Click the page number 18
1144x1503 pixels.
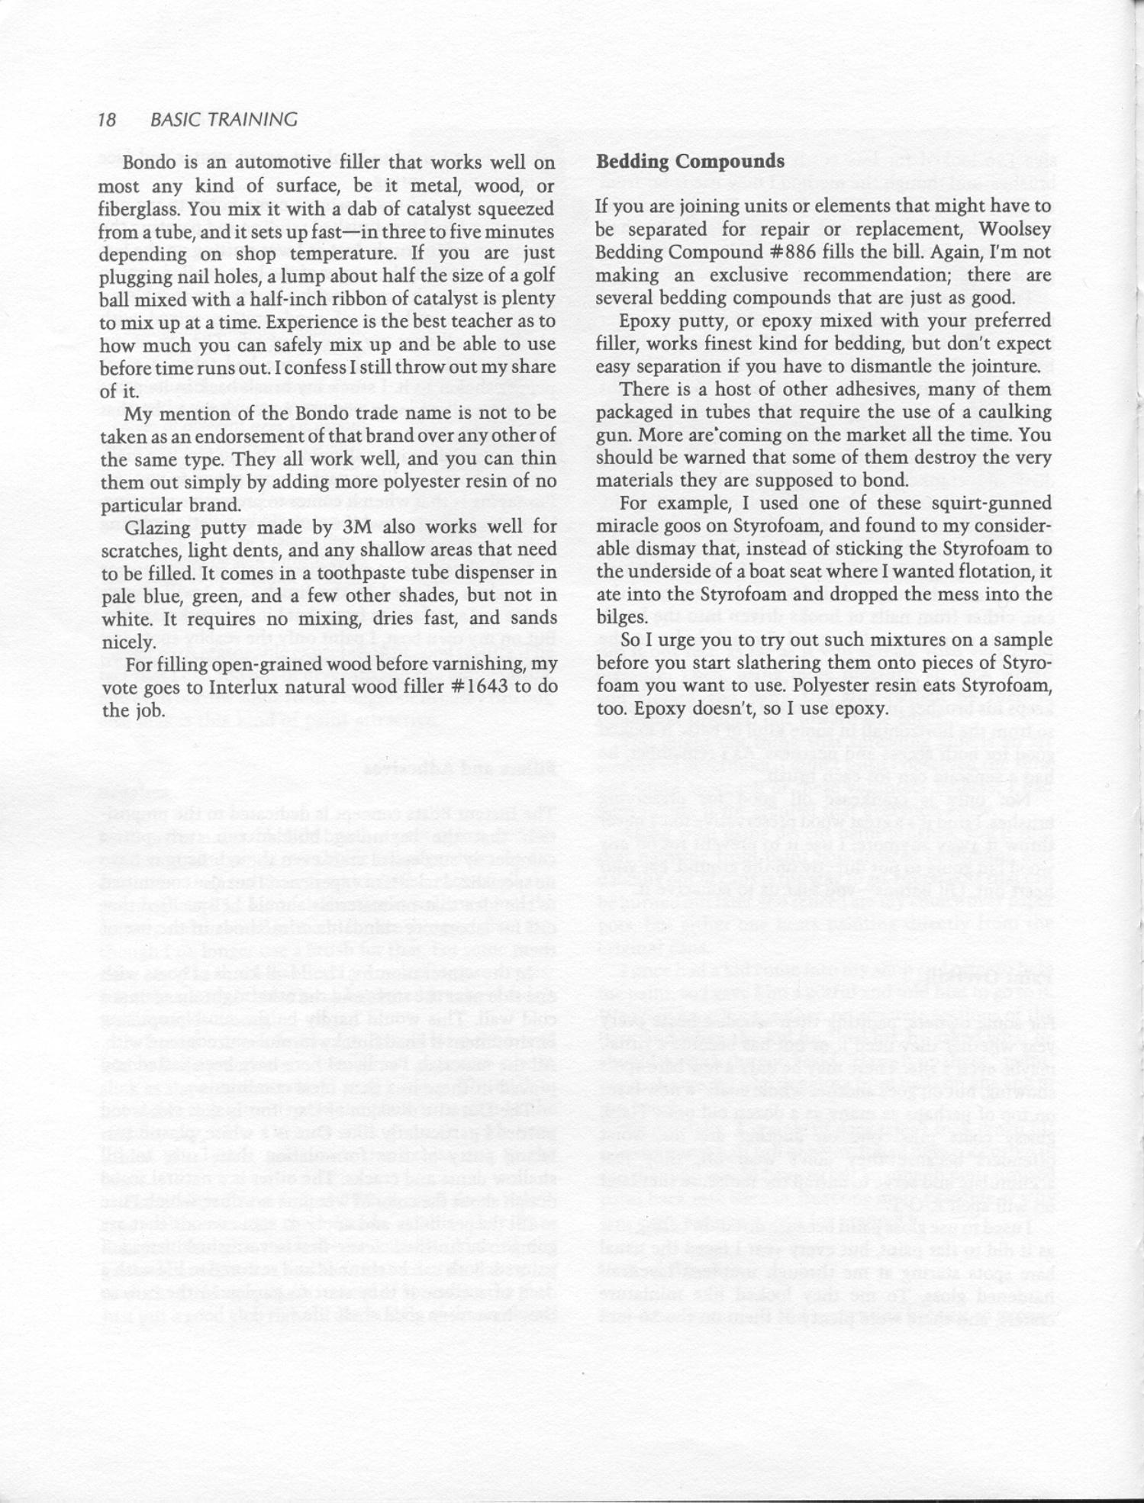pyautogui.click(x=107, y=120)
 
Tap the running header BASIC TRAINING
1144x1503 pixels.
pyautogui.click(x=224, y=120)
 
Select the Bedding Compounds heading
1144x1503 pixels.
pyautogui.click(x=690, y=162)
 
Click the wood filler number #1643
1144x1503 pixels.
pyautogui.click(x=483, y=687)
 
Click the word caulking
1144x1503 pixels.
pyautogui.click(x=1010, y=413)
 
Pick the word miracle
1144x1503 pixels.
pyautogui.click(x=624, y=526)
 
